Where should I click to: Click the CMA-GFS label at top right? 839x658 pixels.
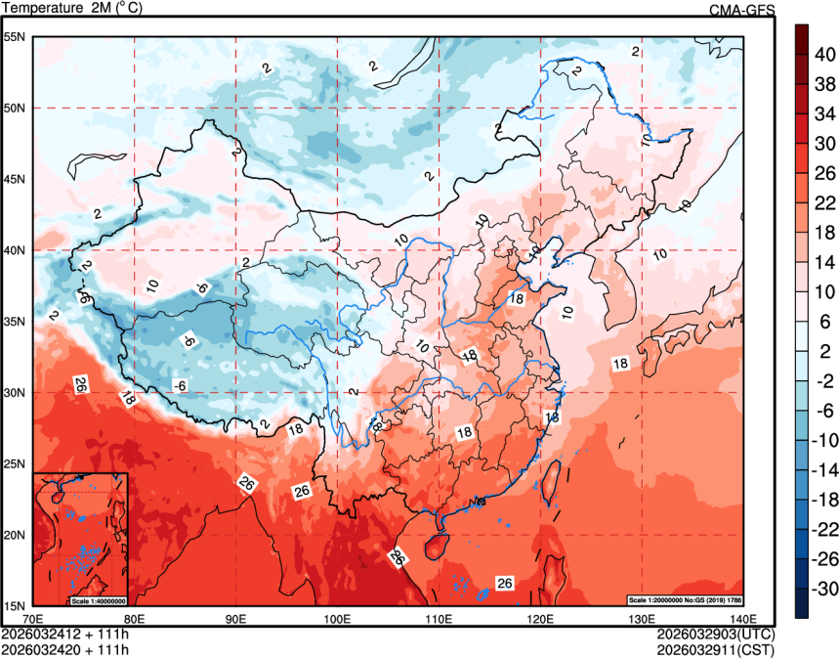(x=742, y=10)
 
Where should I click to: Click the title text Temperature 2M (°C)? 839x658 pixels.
(x=72, y=9)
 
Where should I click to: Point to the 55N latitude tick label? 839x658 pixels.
(x=14, y=37)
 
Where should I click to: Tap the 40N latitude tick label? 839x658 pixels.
(x=14, y=250)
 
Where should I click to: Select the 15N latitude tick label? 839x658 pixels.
(x=14, y=605)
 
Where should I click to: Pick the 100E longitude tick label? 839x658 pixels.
(x=337, y=619)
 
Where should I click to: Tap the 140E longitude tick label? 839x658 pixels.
(x=742, y=619)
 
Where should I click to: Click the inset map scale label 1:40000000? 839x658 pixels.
(x=98, y=599)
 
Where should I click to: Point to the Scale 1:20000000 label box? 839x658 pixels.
(x=683, y=599)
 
